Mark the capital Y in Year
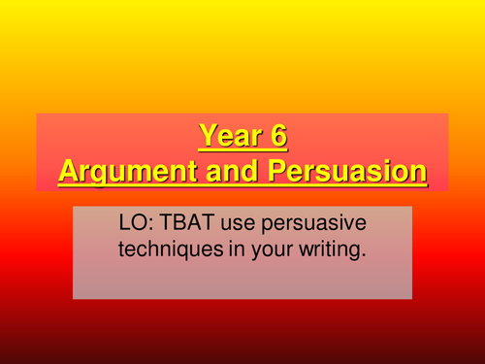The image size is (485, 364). click(x=207, y=136)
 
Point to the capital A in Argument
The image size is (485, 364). click(x=69, y=172)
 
